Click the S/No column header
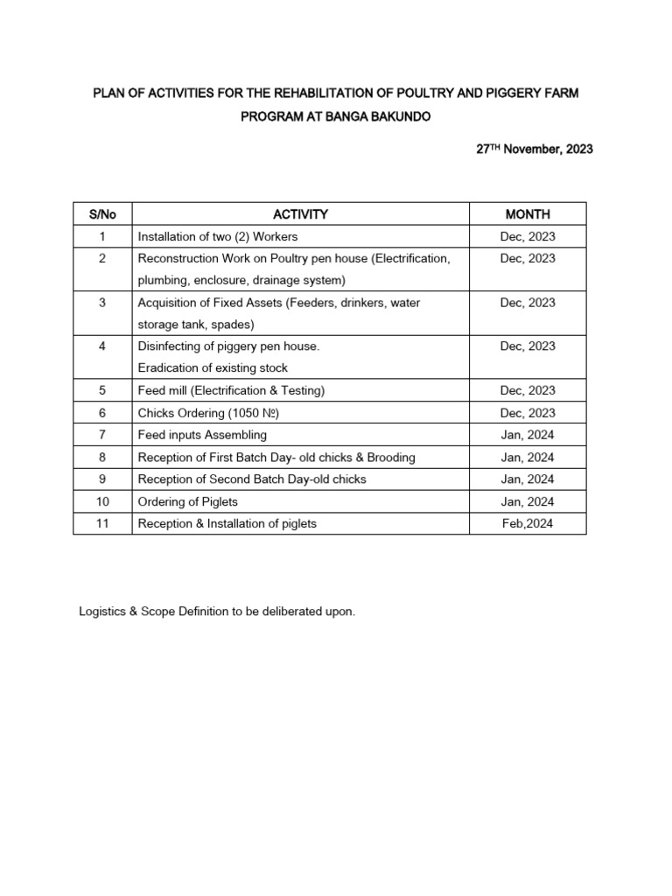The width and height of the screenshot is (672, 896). coord(101,214)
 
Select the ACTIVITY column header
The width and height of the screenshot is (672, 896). coord(300,214)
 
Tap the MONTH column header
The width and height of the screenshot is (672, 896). coord(528,214)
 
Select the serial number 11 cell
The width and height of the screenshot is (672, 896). coord(101,524)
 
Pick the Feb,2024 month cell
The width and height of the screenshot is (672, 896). coord(528,524)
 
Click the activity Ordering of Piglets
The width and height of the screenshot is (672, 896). coord(188,501)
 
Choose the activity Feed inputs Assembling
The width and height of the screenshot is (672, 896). coord(202,435)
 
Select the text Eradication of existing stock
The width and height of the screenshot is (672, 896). coord(213,367)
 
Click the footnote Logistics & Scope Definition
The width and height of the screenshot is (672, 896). coord(218,612)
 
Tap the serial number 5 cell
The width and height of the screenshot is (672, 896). coord(101,390)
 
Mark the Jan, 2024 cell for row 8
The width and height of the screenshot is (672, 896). coord(528,458)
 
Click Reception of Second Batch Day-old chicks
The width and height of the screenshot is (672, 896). coord(252,479)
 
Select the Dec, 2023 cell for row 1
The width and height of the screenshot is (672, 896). coord(528,236)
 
